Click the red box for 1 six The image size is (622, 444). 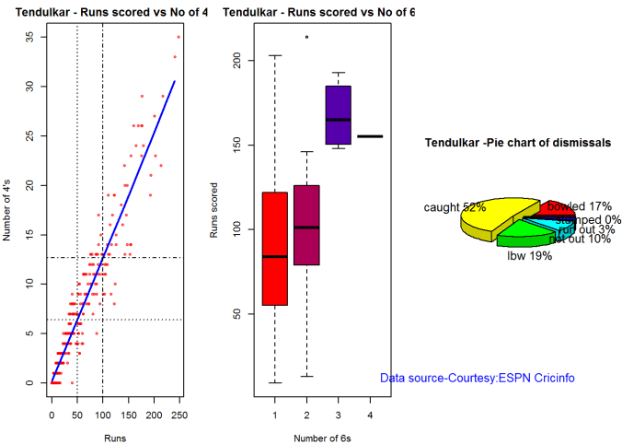click(x=274, y=276)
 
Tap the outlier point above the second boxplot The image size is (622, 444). click(x=306, y=37)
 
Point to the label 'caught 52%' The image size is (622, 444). click(x=455, y=207)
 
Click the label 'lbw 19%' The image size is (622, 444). click(x=529, y=256)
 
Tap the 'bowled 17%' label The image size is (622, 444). click(x=580, y=206)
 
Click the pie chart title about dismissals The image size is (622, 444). click(x=518, y=144)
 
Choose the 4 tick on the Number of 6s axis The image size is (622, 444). click(x=371, y=415)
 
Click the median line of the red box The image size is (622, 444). click(x=274, y=256)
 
